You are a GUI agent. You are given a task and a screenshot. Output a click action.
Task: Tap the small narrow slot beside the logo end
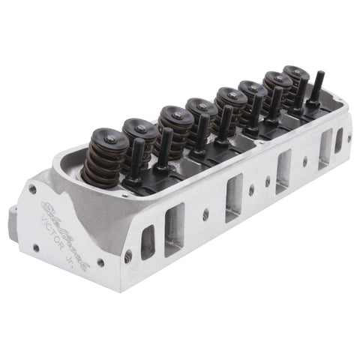tap(148, 241)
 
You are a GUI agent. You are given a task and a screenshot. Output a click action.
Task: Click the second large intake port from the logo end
tap(234, 197)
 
